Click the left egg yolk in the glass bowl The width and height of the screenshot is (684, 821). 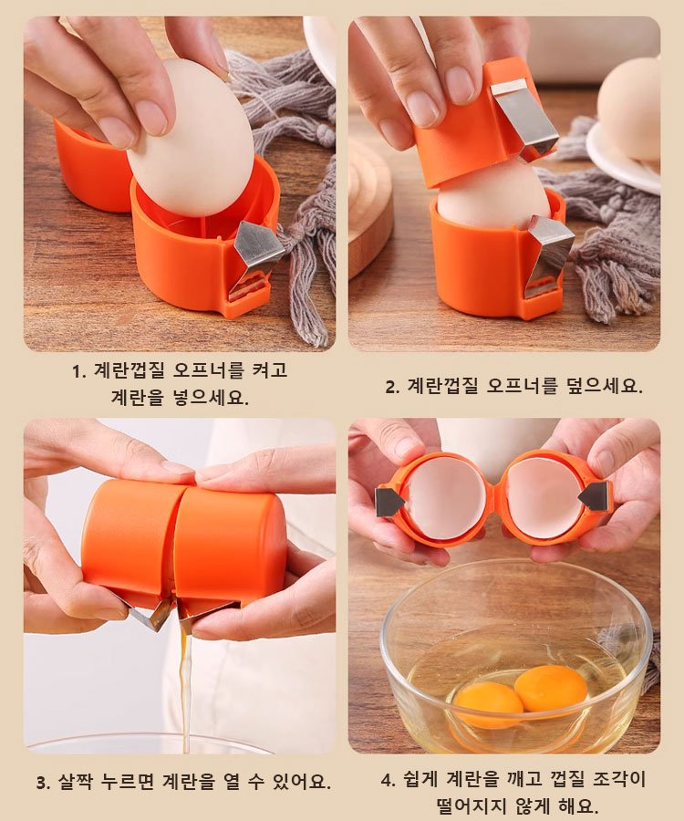coord(489,700)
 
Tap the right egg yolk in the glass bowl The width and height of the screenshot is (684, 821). coord(551,688)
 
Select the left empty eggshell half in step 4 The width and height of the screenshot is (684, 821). coord(444,498)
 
